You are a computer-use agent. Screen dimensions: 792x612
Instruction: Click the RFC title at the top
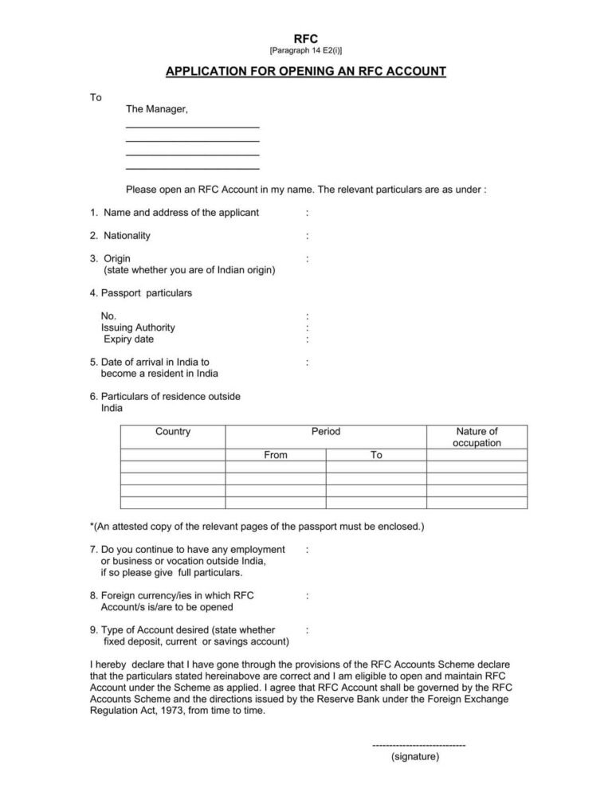coord(306,38)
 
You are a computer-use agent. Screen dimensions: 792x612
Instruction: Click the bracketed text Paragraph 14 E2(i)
coord(306,51)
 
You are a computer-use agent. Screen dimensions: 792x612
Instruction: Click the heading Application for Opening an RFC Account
coord(306,72)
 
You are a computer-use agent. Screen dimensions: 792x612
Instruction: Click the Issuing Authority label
coord(138,327)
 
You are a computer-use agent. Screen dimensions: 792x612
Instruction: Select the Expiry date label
coord(128,339)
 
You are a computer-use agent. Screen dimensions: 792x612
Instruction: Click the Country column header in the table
coord(173,432)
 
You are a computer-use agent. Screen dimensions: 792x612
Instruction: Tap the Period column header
coord(326,432)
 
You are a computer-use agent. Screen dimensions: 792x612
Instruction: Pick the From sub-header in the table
coord(276,455)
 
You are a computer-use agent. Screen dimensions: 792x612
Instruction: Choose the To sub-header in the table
coord(376,455)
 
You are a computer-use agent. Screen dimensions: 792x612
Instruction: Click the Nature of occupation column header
coord(477,437)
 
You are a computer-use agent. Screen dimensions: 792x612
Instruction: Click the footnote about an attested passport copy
coord(257,527)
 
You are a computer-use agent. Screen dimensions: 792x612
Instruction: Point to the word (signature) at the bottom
coord(415,757)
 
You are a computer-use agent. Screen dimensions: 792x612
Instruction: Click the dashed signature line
coord(418,744)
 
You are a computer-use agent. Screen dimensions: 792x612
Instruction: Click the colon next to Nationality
coord(308,236)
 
